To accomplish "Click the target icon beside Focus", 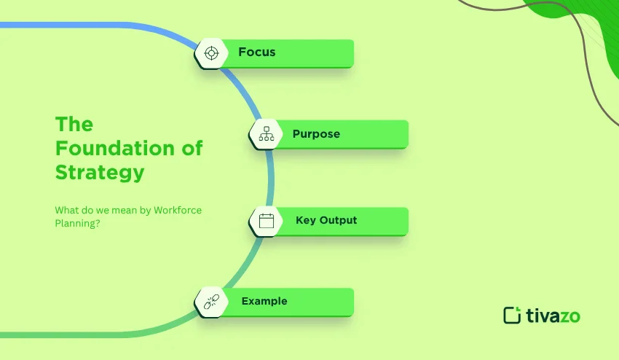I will [x=211, y=53].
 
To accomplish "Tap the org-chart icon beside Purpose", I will [x=266, y=134].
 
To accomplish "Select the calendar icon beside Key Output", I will [x=266, y=221].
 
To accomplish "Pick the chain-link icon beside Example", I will [x=211, y=302].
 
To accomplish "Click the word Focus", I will [x=256, y=52].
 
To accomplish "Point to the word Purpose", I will [x=316, y=134].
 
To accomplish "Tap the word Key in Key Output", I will [x=306, y=220].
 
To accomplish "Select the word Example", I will [x=264, y=301].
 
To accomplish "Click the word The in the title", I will [x=74, y=124].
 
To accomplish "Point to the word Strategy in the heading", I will [x=100, y=173].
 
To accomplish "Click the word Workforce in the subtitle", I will [x=178, y=210].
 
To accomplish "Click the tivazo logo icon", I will [x=513, y=315].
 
